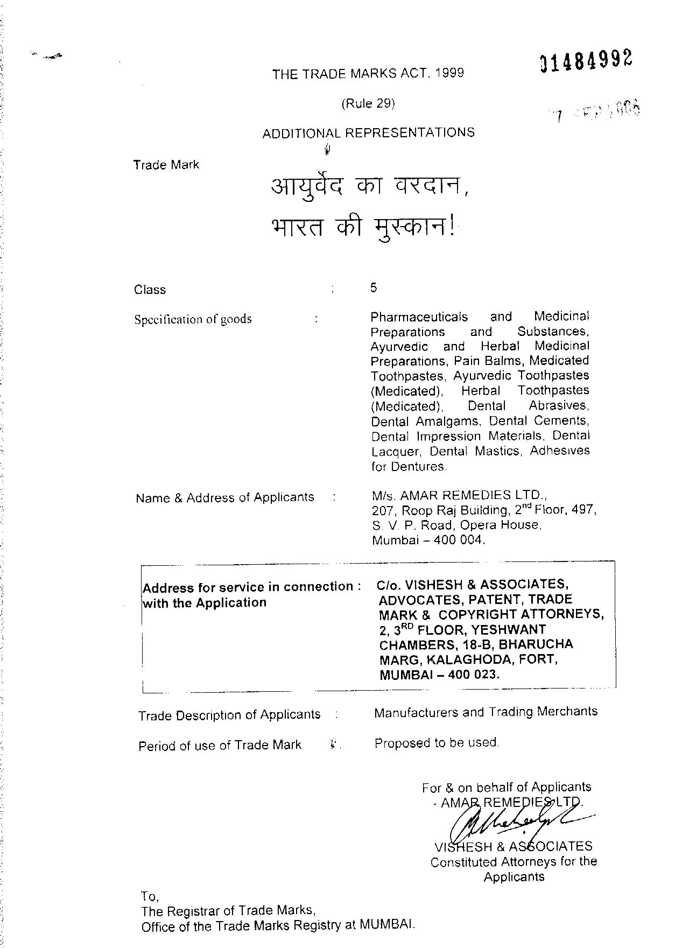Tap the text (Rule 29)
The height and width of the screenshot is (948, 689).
[x=368, y=103]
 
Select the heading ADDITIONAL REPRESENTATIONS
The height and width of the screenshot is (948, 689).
[x=368, y=132]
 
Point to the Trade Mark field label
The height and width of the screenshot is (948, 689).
[x=166, y=165]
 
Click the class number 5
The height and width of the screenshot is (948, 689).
[x=374, y=287]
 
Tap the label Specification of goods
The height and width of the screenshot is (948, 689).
[x=193, y=319]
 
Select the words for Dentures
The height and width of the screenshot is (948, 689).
[x=409, y=466]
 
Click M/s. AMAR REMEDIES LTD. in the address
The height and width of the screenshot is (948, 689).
[x=459, y=494]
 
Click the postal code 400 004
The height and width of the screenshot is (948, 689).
[x=459, y=540]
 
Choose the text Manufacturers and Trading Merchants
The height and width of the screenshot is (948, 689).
[x=486, y=712]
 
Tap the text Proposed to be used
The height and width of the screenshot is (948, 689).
[x=437, y=743]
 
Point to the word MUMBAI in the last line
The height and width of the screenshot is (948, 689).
[x=387, y=925]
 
